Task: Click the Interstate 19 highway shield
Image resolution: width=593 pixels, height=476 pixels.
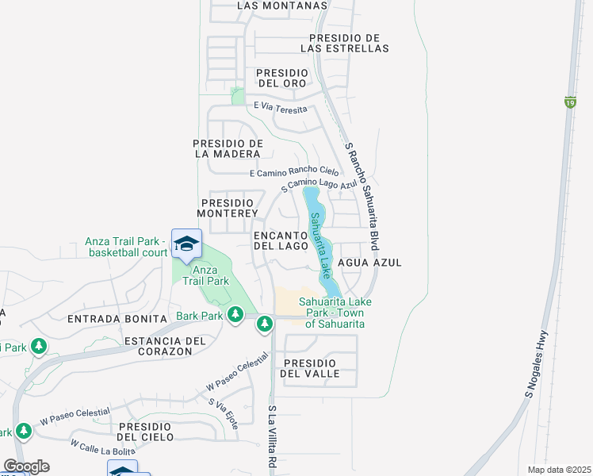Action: (x=570, y=102)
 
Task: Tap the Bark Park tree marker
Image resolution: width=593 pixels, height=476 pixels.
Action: (x=235, y=316)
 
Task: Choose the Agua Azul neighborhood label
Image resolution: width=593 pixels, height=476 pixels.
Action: (x=369, y=263)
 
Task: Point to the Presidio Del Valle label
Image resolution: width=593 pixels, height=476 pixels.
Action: (x=311, y=367)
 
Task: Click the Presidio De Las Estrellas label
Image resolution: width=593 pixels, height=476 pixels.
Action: (x=349, y=43)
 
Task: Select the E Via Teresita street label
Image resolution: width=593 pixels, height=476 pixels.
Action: (x=281, y=107)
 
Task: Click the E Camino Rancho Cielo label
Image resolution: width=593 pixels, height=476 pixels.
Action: (x=293, y=172)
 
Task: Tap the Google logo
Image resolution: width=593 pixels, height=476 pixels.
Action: (x=26, y=466)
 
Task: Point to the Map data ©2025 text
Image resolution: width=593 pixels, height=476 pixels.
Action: (x=559, y=470)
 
